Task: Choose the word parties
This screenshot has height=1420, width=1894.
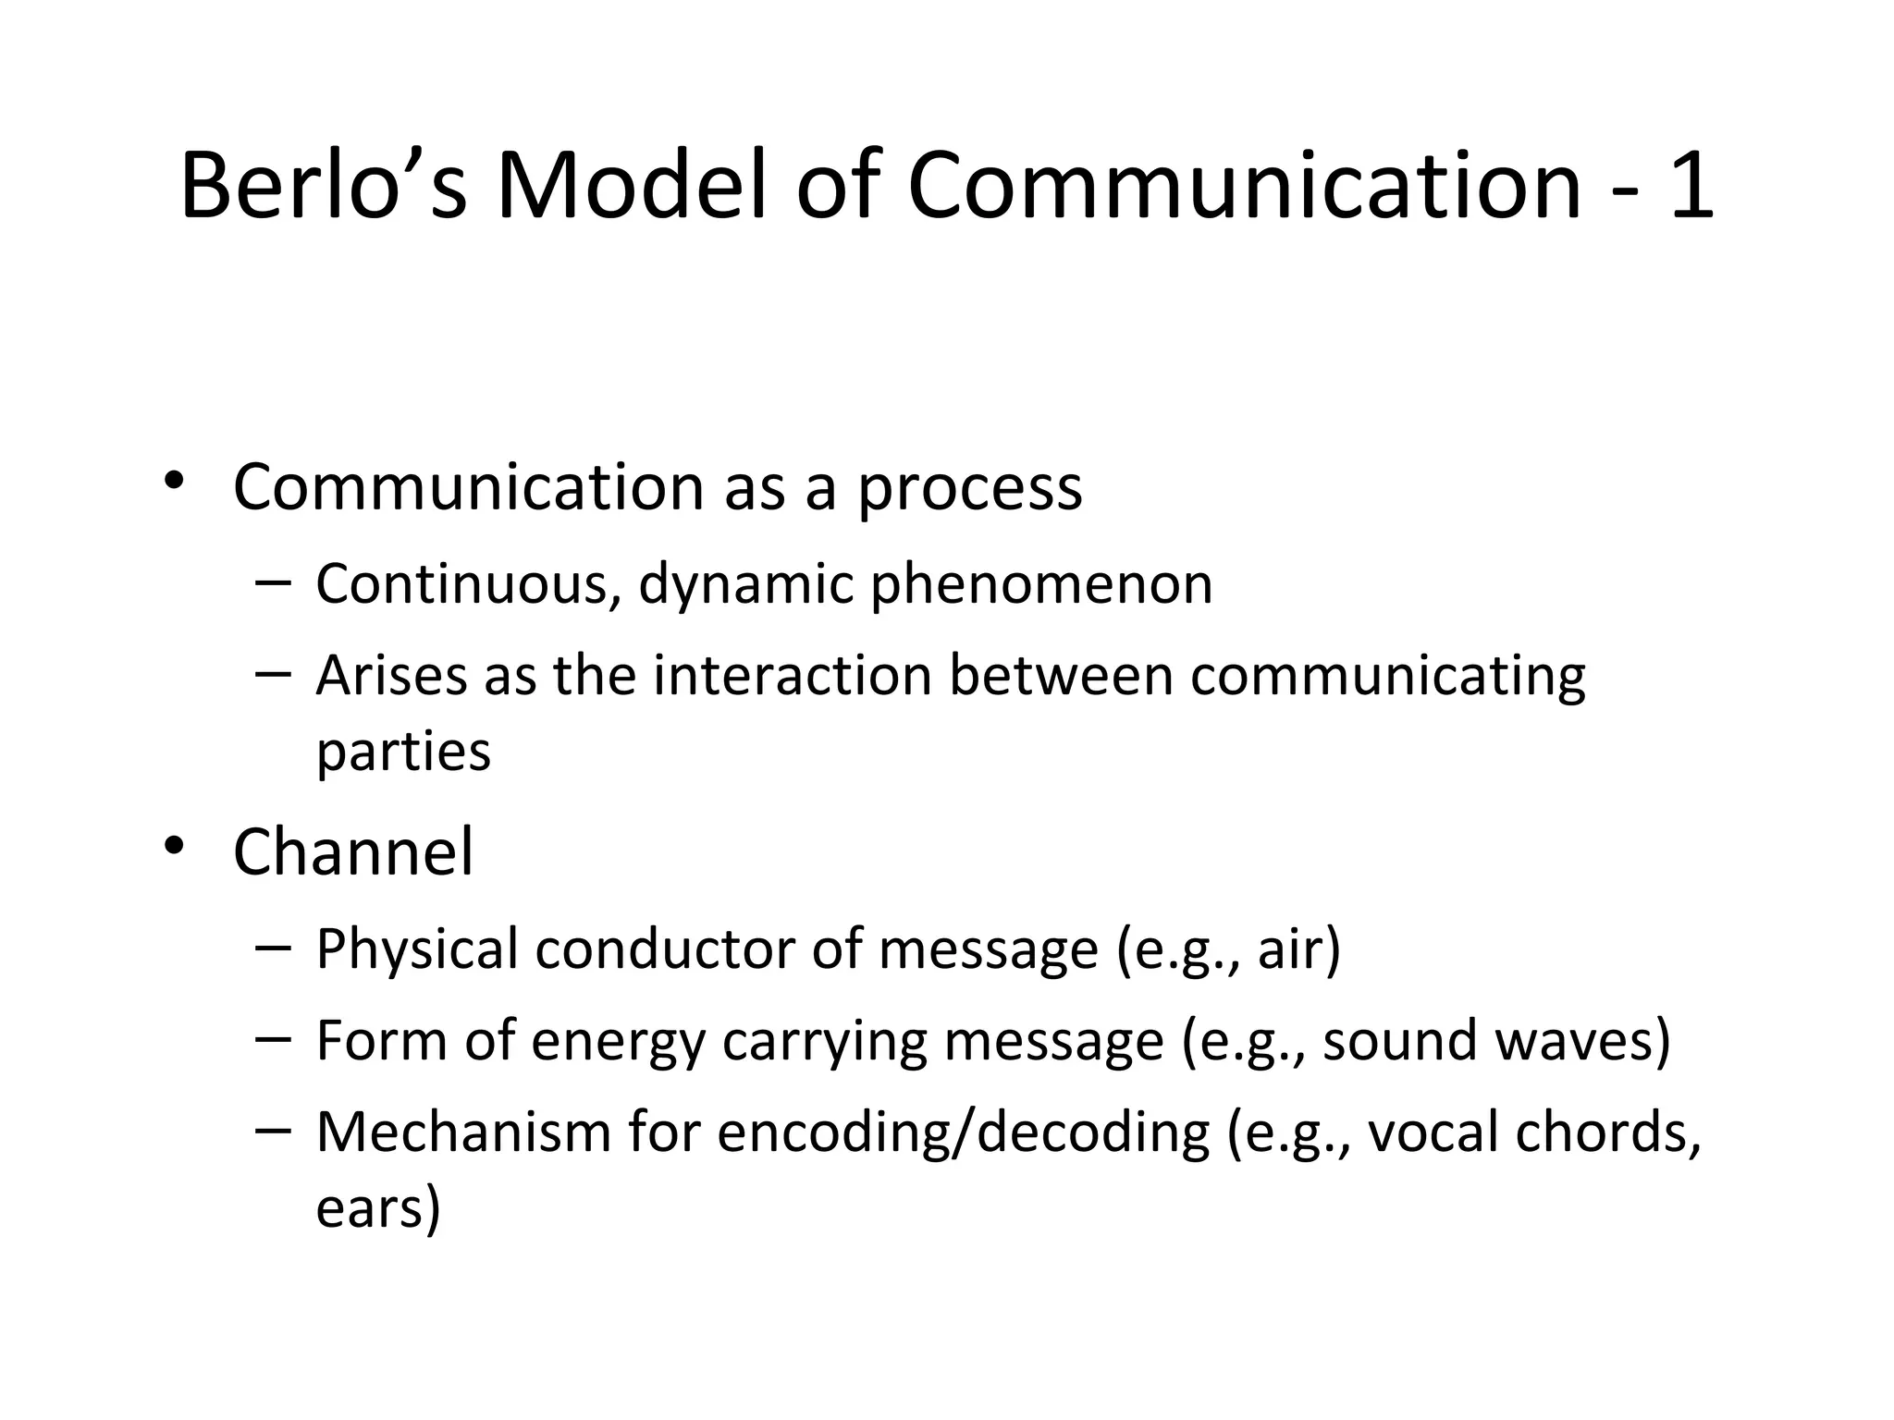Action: tap(403, 753)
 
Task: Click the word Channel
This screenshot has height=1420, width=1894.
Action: tap(353, 852)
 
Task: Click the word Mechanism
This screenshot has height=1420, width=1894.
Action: tap(463, 1132)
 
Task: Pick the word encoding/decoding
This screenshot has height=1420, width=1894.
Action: tap(963, 1134)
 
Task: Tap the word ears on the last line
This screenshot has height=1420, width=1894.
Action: tap(371, 1208)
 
